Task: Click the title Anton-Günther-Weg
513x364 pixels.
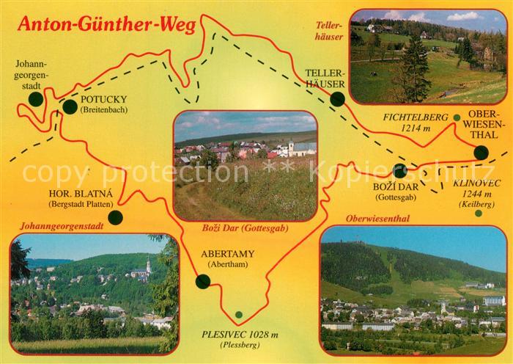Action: (x=106, y=25)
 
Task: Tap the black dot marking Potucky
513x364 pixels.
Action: (x=70, y=107)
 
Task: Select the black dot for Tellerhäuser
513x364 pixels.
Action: (x=337, y=101)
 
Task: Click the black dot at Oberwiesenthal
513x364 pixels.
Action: (x=481, y=153)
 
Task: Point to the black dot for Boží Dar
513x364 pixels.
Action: (x=399, y=171)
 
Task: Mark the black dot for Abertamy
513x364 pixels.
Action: (x=203, y=280)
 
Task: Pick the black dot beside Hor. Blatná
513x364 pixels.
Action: (x=115, y=217)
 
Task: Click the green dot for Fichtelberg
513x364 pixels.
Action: (x=456, y=117)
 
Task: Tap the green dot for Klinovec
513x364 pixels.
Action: (x=478, y=214)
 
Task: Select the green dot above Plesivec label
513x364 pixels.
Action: (x=238, y=315)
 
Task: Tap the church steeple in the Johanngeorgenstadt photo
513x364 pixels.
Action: (x=148, y=263)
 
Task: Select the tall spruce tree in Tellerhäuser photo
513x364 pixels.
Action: (x=415, y=70)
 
